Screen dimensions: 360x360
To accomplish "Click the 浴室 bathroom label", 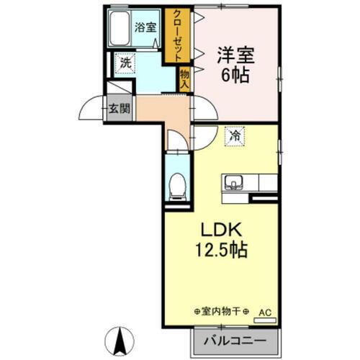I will (146, 28).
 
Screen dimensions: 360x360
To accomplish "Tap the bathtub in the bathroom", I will (120, 27).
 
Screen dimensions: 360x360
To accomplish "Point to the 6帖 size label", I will (235, 74).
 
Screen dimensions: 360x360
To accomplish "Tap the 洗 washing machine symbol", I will (125, 63).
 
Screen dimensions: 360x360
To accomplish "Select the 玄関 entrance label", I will (120, 109).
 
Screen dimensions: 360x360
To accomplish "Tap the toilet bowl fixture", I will (175, 189).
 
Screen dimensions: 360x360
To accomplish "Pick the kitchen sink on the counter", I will (235, 181).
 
